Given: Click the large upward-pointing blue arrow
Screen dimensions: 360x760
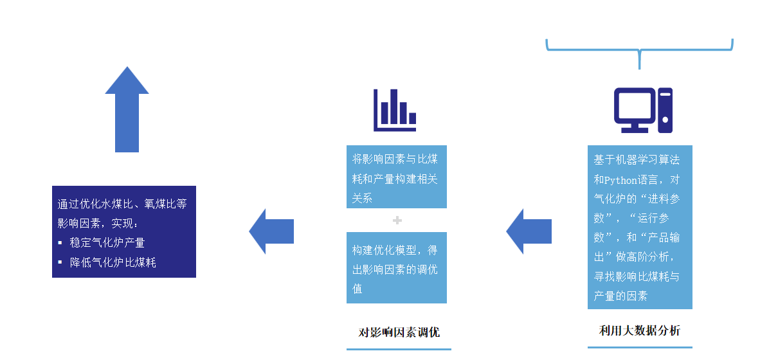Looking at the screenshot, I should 127,113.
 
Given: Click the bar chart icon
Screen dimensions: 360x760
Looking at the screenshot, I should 394,110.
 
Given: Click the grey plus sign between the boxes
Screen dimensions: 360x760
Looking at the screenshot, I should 397,221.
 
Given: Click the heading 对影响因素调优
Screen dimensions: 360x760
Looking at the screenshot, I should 399,332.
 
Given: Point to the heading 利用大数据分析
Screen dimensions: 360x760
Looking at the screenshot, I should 639,330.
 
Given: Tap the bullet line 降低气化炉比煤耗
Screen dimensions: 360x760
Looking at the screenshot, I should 113,262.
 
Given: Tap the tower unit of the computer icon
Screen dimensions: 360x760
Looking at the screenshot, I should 665,109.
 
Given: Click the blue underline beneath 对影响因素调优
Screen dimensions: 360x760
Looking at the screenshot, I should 399,349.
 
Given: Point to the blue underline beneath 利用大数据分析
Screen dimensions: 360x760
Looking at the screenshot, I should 639,347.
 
